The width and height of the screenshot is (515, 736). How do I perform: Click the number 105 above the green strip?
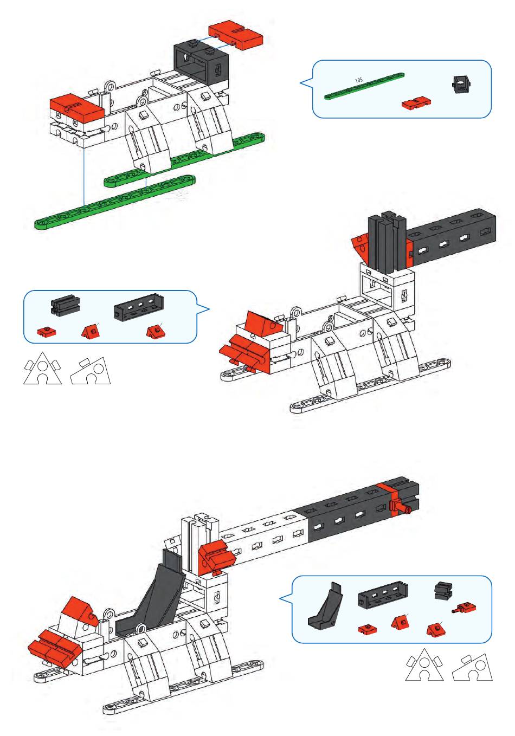358,80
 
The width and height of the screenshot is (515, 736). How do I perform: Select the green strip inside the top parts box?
364,86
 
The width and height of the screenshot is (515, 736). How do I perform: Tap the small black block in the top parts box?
461,85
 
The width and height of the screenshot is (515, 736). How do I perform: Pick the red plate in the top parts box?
416,103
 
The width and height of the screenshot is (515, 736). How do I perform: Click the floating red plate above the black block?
236,35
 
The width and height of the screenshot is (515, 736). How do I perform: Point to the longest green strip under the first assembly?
115,202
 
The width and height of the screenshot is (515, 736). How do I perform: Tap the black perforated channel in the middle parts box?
139,307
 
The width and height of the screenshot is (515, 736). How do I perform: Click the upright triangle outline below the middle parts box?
42,369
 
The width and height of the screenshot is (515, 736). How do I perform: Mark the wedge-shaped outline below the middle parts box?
91,371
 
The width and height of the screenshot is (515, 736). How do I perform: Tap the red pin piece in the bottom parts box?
464,609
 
